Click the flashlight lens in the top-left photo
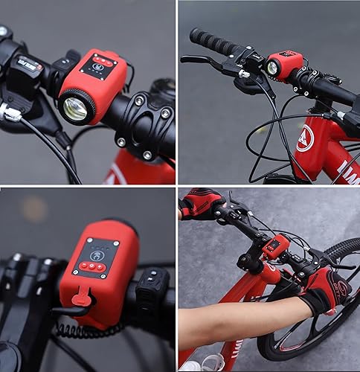click(76, 108)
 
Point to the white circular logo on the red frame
click(305, 138)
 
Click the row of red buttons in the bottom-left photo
click(93, 266)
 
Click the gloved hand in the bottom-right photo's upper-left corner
click(201, 202)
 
